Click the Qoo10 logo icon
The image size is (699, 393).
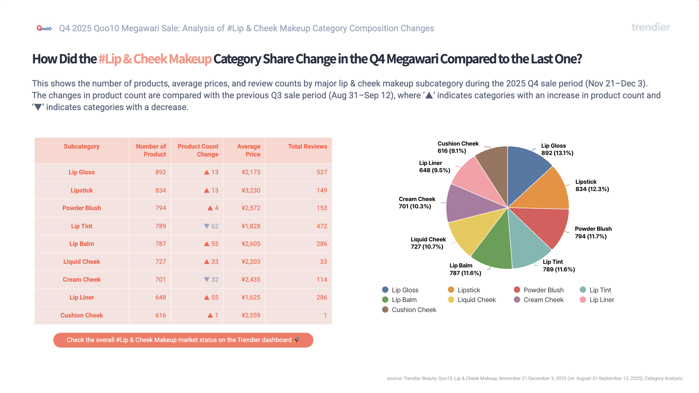coord(44,29)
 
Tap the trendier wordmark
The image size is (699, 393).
coord(650,27)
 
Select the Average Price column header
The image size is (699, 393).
coord(248,150)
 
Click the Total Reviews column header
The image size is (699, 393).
coord(307,146)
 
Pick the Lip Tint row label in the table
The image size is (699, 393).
coord(82,226)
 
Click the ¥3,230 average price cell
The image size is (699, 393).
coord(251,190)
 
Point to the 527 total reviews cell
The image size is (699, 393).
coord(322,172)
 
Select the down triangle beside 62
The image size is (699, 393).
coord(207,226)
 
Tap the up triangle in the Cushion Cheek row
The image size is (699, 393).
coord(210,315)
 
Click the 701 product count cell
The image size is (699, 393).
coord(160,280)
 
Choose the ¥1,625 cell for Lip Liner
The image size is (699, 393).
coord(251,297)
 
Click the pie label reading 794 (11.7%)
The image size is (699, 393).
coord(591,236)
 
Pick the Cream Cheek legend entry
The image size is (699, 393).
coord(543,300)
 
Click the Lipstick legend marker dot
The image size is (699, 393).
coord(451,290)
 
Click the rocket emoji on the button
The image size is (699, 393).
coord(297,340)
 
